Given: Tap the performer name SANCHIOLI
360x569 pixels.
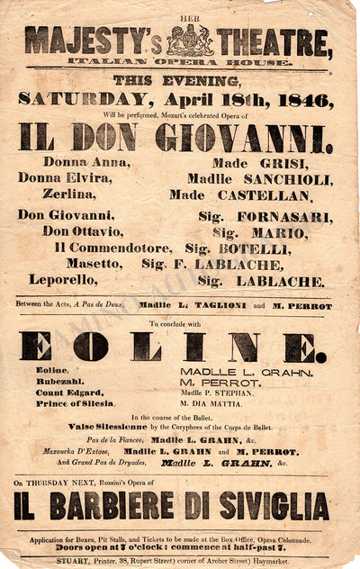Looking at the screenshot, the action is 287,178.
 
